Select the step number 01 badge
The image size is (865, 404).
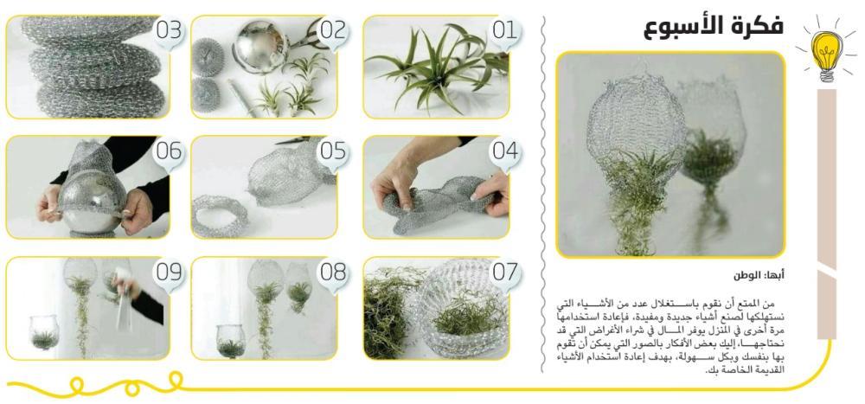pyautogui.click(x=504, y=31)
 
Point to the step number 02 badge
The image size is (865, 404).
pyautogui.click(x=333, y=31)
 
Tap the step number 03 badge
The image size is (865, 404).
pyautogui.click(x=169, y=31)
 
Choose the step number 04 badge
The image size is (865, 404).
pyautogui.click(x=504, y=151)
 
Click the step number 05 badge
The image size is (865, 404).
pyautogui.click(x=333, y=151)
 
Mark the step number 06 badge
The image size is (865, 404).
pyautogui.click(x=169, y=151)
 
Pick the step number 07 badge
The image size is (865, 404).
pyautogui.click(x=504, y=273)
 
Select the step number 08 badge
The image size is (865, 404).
pyautogui.click(x=333, y=273)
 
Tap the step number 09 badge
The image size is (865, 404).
pyautogui.click(x=169, y=273)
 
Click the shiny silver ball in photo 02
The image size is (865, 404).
pyautogui.click(x=259, y=47)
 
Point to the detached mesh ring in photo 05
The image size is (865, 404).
pyautogui.click(x=219, y=215)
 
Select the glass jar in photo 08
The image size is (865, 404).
pyautogui.click(x=231, y=341)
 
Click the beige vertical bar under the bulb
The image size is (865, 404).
pyautogui.click(x=826, y=215)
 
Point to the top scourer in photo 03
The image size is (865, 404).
pyautogui.click(x=88, y=29)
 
